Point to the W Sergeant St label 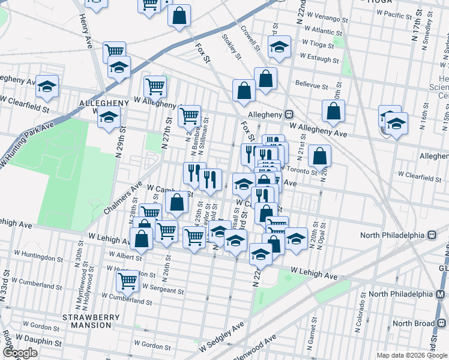click(x=158, y=290)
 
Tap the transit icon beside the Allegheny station click(x=289, y=113)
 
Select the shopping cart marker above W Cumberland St click(x=127, y=278)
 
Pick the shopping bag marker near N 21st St click(x=321, y=155)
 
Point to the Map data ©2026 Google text click(x=411, y=355)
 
